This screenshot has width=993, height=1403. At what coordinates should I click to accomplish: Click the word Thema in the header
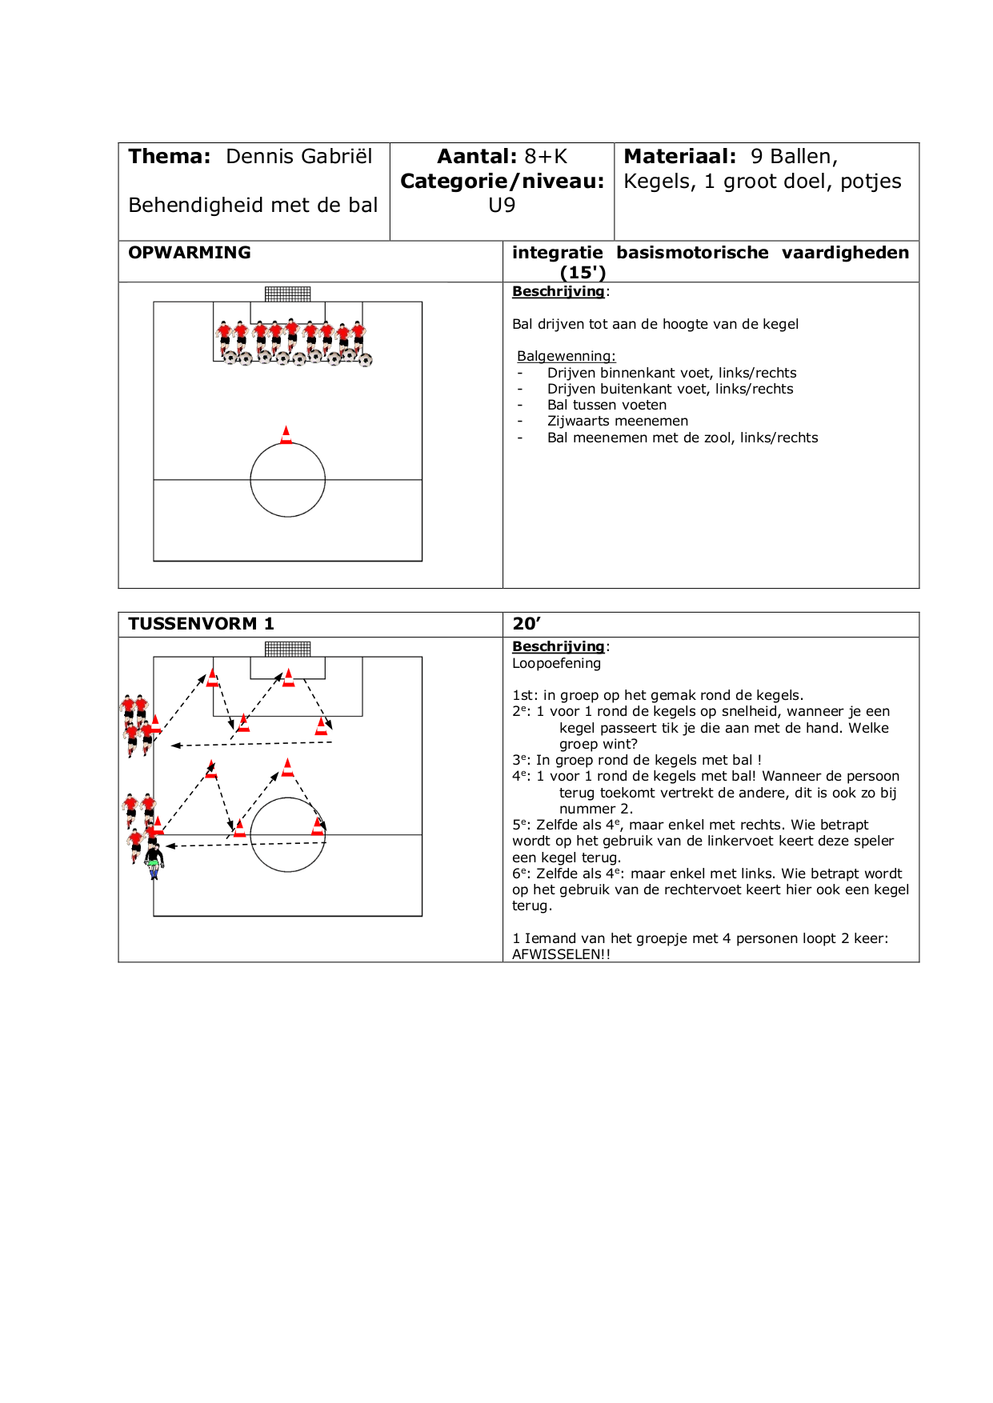pyautogui.click(x=168, y=157)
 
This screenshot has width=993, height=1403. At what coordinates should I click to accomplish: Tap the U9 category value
pyautogui.click(x=502, y=206)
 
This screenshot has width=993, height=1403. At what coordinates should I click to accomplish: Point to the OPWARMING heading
pyautogui.click(x=190, y=253)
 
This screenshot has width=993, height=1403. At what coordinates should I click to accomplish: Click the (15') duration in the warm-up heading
pyautogui.click(x=583, y=273)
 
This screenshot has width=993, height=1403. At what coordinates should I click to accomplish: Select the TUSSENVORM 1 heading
pyautogui.click(x=201, y=624)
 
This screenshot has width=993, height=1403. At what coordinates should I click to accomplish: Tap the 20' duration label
pyautogui.click(x=527, y=624)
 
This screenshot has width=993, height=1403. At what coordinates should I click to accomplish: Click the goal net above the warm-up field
pyautogui.click(x=288, y=294)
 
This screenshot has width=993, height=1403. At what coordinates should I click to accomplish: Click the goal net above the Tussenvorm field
pyautogui.click(x=288, y=649)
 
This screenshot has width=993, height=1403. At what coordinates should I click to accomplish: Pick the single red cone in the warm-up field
pyautogui.click(x=286, y=435)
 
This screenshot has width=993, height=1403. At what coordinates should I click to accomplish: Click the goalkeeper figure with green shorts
pyautogui.click(x=154, y=859)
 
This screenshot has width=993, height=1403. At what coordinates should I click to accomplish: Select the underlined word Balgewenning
pyautogui.click(x=566, y=357)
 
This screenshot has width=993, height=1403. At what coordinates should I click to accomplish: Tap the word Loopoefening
pyautogui.click(x=556, y=663)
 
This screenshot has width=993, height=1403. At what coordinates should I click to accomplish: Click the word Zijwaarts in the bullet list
pyautogui.click(x=576, y=421)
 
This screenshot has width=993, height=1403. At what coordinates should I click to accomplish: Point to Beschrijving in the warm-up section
pyautogui.click(x=558, y=292)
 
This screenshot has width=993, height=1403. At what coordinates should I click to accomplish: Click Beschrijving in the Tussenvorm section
pyautogui.click(x=558, y=646)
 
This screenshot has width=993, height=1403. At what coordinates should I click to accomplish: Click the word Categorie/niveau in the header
pyautogui.click(x=502, y=182)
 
